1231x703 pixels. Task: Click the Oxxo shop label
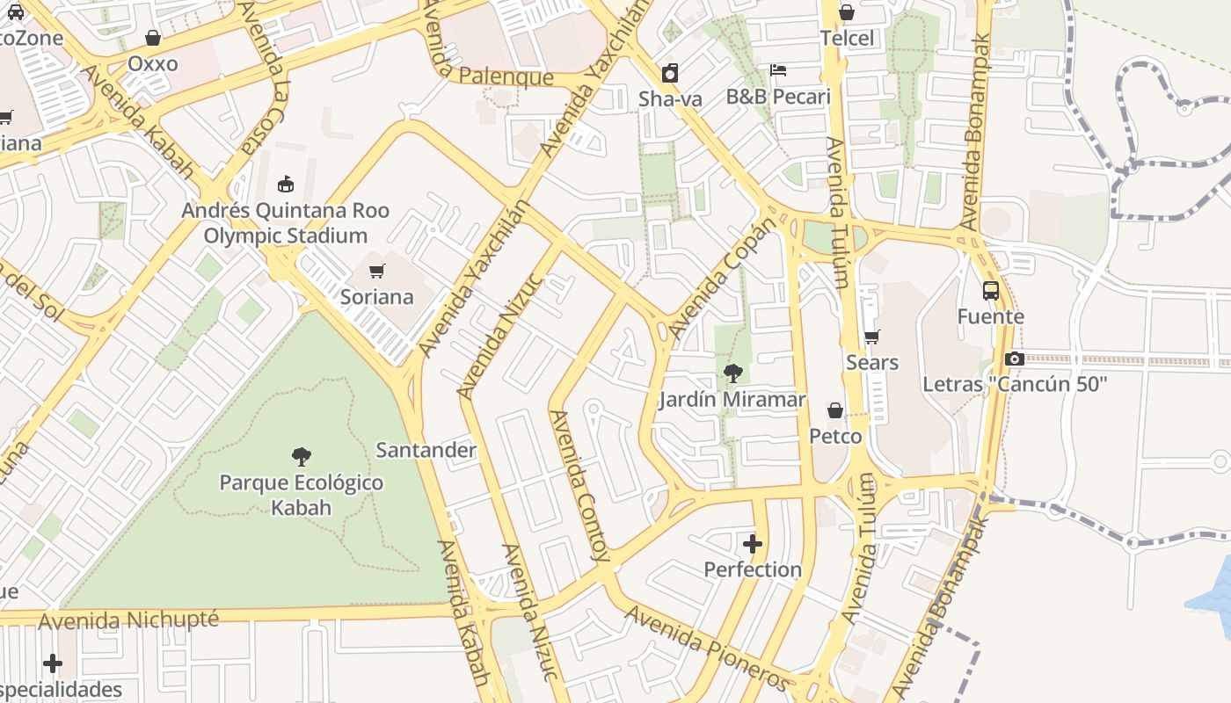coord(153,63)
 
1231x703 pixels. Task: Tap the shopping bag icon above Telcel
coord(847,12)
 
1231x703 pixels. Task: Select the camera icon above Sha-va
coord(670,73)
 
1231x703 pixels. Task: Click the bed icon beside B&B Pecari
coord(778,70)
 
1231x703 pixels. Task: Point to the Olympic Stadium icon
coord(285,185)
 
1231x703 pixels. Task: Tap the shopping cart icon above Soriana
coord(377,271)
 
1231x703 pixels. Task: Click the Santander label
coord(426,450)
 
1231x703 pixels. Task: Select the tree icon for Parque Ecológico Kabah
coord(302,457)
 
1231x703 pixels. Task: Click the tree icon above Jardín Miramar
coord(732,373)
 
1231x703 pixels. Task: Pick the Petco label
coord(835,436)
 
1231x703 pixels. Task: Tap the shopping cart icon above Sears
coord(872,337)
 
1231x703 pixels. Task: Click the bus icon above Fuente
coord(991,291)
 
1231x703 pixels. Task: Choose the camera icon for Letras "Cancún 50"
coord(1015,359)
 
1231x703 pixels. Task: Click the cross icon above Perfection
coord(753,543)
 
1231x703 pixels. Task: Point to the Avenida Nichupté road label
coord(128,620)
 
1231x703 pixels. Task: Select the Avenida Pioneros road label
coord(708,648)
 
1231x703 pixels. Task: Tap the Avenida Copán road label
coord(723,279)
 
